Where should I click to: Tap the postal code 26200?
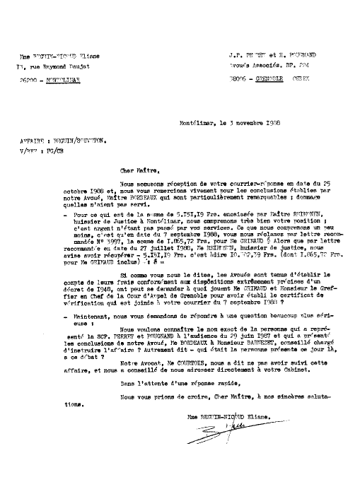29,82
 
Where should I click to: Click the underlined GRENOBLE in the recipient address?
263,82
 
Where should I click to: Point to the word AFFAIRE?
31,140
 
